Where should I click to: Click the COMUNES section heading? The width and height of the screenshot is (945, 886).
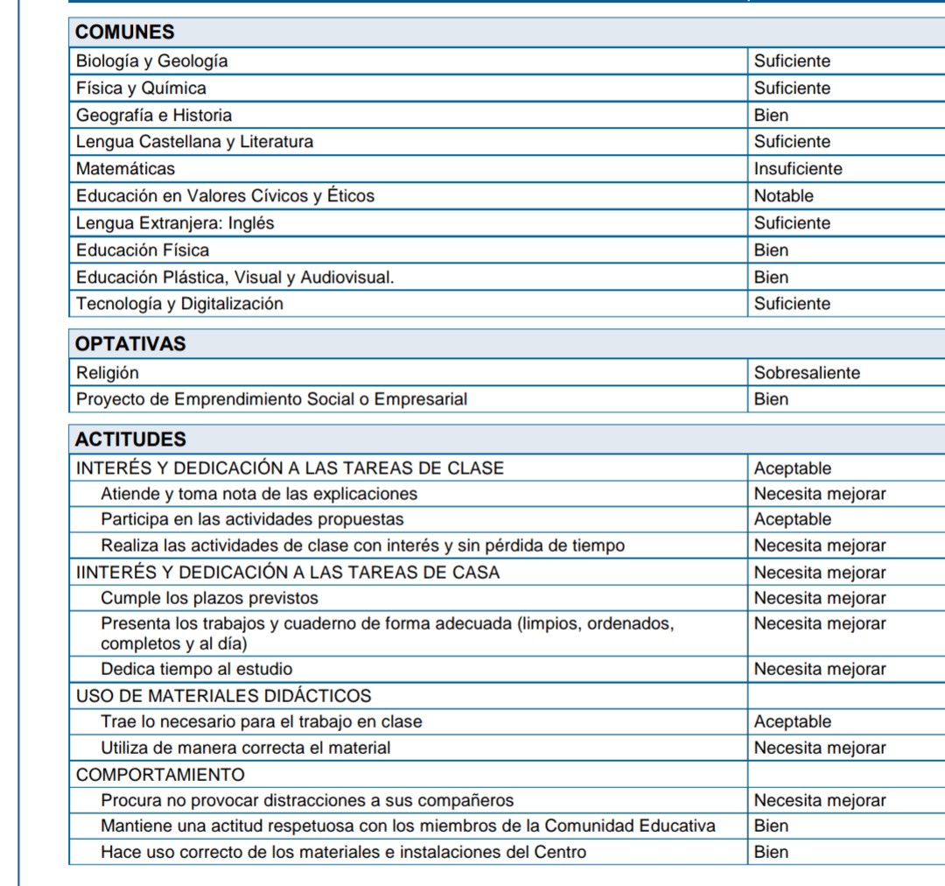click(125, 32)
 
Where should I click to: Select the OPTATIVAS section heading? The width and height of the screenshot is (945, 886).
click(131, 344)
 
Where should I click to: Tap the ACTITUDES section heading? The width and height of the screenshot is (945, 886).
click(130, 439)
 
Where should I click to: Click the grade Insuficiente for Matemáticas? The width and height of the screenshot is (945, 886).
click(798, 168)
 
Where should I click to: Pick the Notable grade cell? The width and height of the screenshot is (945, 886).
click(783, 196)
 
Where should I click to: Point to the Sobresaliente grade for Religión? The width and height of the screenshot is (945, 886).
click(807, 373)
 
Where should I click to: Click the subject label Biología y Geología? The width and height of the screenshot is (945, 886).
click(152, 61)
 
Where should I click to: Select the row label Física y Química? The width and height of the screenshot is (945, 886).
click(141, 88)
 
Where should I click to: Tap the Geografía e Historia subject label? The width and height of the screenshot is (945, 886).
click(154, 115)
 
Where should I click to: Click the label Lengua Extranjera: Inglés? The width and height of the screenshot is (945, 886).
click(175, 223)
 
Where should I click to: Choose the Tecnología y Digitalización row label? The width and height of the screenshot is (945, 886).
click(179, 304)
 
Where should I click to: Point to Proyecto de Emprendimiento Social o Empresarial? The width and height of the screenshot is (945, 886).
click(271, 399)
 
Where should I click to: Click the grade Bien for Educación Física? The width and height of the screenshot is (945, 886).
click(771, 250)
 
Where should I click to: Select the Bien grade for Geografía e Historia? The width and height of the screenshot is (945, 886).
click(771, 115)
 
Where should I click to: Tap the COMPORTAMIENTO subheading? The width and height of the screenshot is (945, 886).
click(160, 775)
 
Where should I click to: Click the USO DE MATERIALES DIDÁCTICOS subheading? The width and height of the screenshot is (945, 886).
click(223, 696)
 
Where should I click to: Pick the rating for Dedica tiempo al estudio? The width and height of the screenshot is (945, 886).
click(820, 670)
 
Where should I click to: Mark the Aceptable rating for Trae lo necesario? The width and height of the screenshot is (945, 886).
click(793, 722)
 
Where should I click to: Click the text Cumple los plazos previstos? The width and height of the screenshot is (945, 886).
click(209, 599)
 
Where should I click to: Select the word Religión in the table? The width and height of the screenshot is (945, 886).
click(107, 373)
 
